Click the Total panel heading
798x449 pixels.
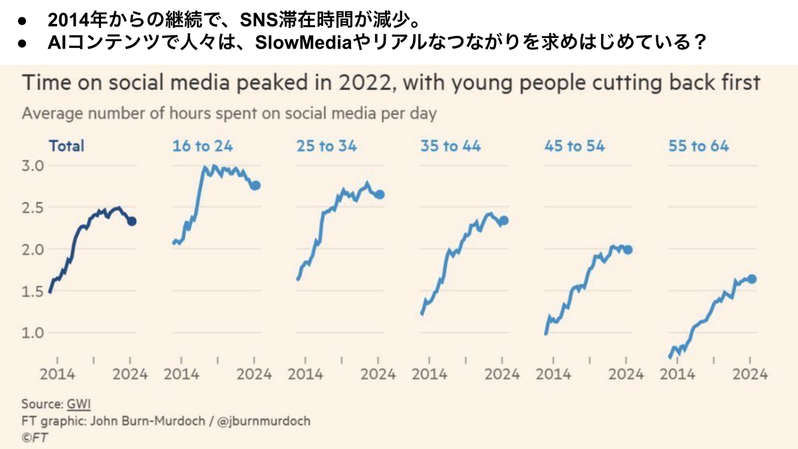tap(66, 146)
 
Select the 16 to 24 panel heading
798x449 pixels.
tap(203, 146)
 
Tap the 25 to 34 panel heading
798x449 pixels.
tap(327, 146)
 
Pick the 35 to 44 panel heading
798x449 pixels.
tap(451, 146)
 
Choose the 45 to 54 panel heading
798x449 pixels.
tap(575, 146)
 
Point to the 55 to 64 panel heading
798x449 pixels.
tap(699, 146)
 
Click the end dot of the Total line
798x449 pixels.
tap(132, 222)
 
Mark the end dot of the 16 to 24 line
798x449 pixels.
tap(256, 186)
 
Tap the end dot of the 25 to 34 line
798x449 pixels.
tap(380, 194)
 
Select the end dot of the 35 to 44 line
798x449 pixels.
tap(504, 221)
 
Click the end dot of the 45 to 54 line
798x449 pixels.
tap(628, 249)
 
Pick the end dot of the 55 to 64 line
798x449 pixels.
tap(752, 279)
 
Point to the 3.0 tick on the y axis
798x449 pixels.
tap(34, 166)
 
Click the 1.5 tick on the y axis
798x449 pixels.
tap(34, 291)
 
